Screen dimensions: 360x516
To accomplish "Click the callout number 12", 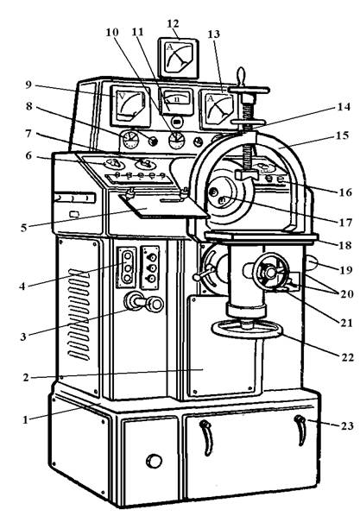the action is [x=173, y=23].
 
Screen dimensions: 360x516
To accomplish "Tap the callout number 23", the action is [x=347, y=426].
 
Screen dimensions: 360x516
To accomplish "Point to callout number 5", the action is [x=23, y=228].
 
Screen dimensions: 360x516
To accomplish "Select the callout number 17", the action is [x=345, y=223].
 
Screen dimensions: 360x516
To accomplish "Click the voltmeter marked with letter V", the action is [x=129, y=107].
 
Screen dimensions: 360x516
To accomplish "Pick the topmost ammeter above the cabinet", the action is [x=179, y=59].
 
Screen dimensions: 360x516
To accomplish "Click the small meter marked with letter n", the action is [x=176, y=101].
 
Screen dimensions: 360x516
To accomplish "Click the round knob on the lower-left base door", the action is [x=155, y=461].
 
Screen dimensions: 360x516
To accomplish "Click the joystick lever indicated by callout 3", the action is [x=143, y=302].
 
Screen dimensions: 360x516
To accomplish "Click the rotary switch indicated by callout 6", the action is [x=112, y=163].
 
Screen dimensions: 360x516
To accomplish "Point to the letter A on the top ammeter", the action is [x=170, y=47].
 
